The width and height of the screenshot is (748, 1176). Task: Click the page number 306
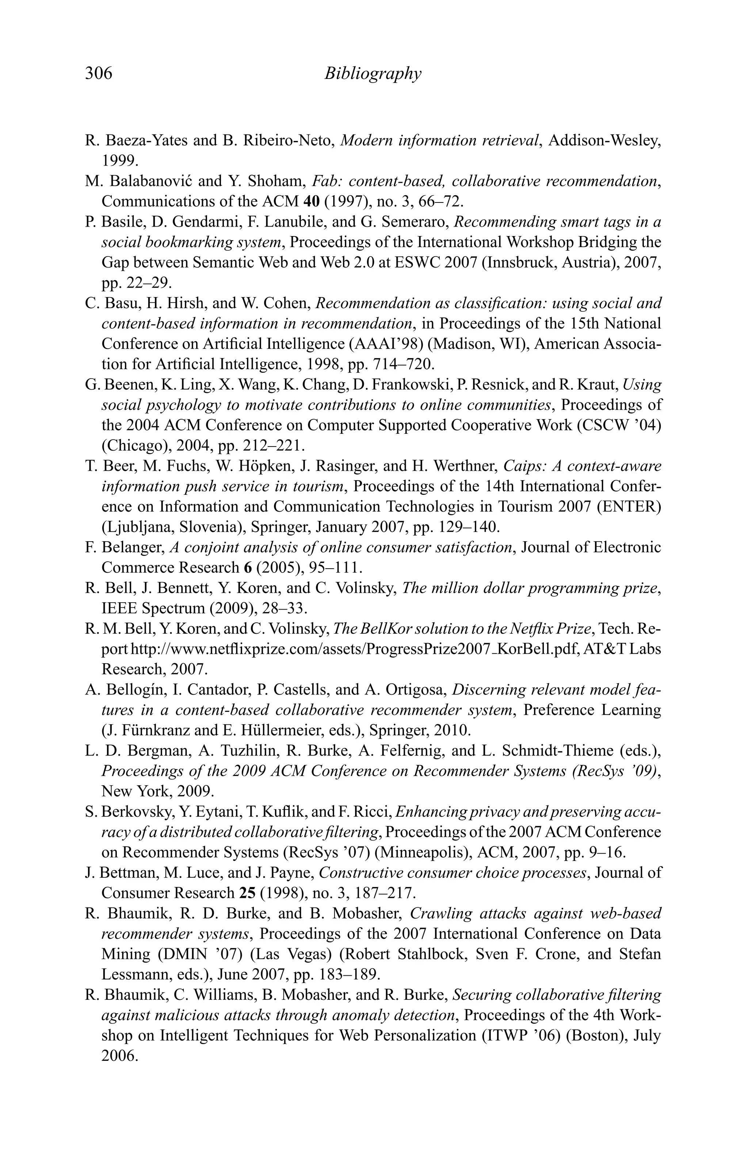(x=99, y=73)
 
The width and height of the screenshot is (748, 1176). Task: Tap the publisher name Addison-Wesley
(x=604, y=141)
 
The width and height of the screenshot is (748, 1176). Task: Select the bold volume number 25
(x=248, y=893)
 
